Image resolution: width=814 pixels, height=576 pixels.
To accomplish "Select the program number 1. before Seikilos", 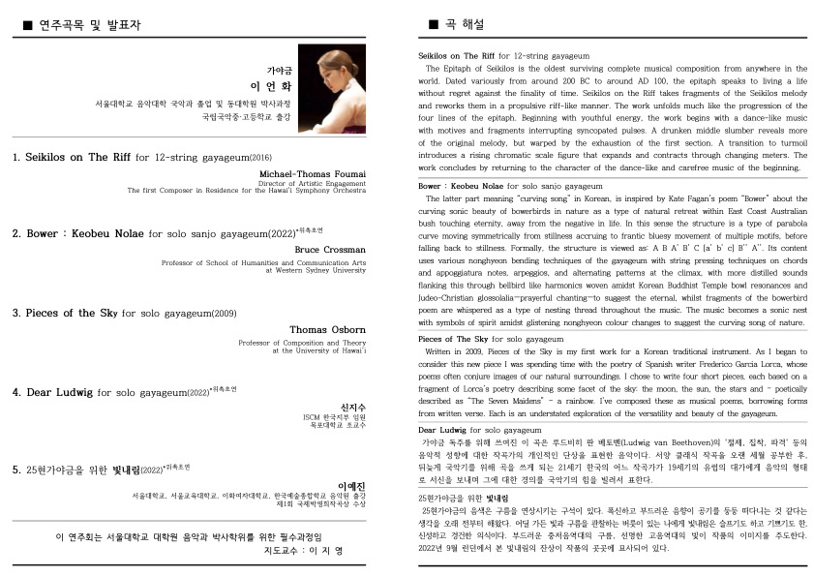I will [16, 156].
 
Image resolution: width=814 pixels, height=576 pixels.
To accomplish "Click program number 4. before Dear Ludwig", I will [16, 392].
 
